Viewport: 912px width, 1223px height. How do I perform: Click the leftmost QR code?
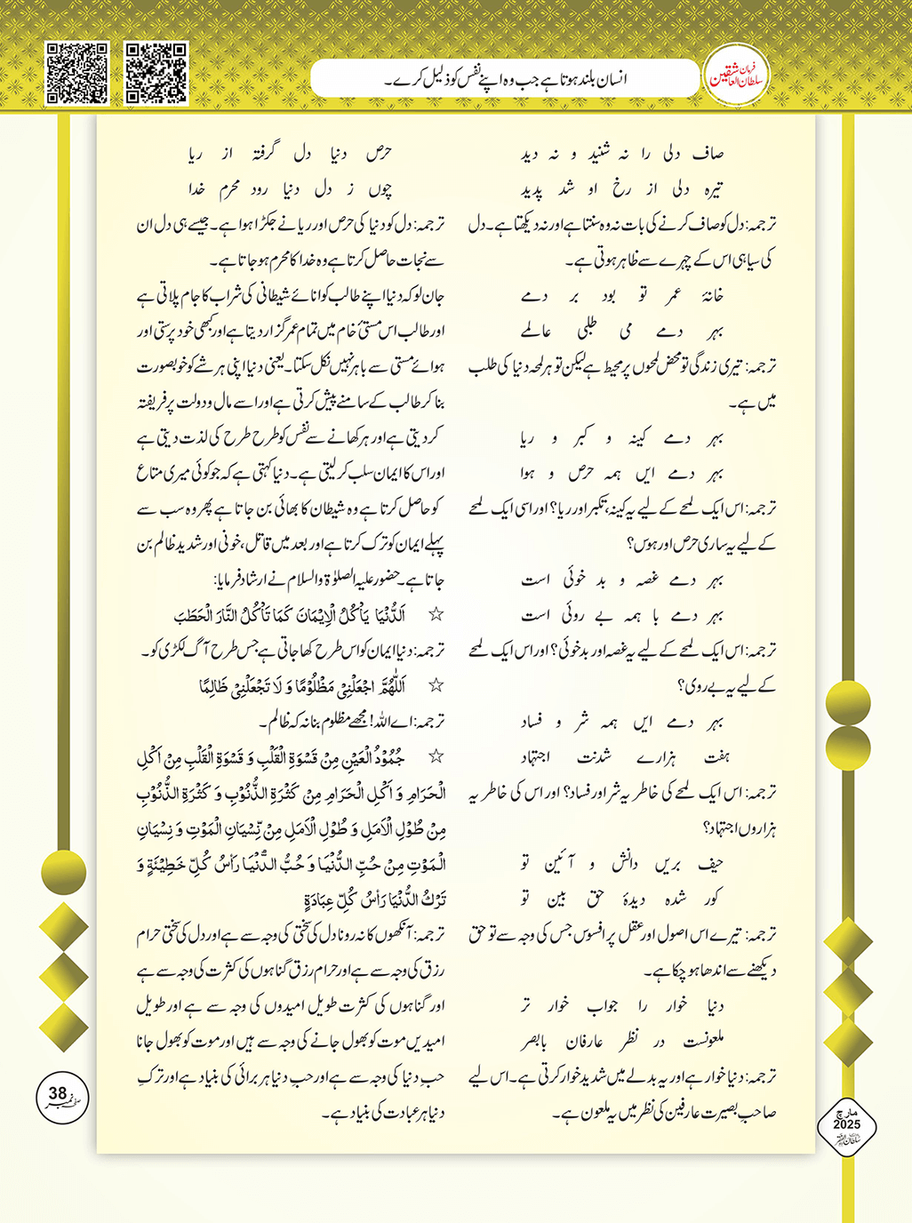click(77, 72)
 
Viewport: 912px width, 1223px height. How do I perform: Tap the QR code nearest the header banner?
click(156, 72)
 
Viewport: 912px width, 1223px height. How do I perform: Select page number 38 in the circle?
click(58, 1094)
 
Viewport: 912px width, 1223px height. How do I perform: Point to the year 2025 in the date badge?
click(846, 1124)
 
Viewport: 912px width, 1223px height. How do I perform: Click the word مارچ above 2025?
click(846, 1113)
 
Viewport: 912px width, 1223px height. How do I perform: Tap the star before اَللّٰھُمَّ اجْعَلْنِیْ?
click(436, 685)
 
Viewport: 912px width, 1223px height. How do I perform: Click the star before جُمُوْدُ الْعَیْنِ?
click(436, 756)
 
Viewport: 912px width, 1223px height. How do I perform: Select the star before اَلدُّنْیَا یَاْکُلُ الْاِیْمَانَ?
click(436, 614)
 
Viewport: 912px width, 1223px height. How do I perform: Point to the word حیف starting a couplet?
click(710, 863)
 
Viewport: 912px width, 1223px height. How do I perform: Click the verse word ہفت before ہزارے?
click(716, 757)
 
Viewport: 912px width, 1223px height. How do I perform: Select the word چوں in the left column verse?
click(380, 189)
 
